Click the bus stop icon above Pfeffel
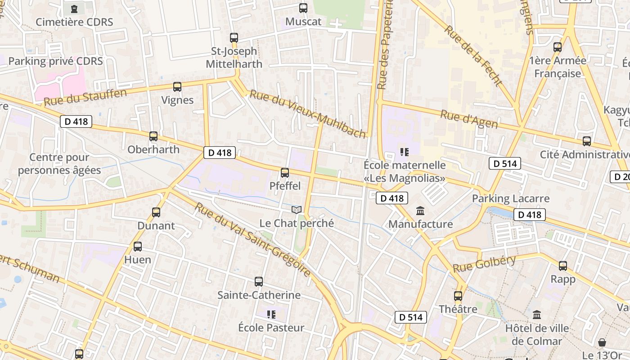pos(284,172)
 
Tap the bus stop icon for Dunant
pos(156,212)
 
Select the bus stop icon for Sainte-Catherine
pos(259,282)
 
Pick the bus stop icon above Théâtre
pos(458,296)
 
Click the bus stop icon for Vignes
pos(177,87)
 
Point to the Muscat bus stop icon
pos(303,8)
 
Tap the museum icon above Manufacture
pos(420,211)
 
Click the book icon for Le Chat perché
pos(297,210)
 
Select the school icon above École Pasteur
pos(271,314)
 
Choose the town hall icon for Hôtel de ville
pos(536,315)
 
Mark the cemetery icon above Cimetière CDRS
pos(74,9)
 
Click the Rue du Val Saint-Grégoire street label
pos(252,240)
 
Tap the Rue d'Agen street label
pos(468,119)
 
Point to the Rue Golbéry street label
pos(484,263)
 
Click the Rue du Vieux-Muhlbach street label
pos(308,114)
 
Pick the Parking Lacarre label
pos(510,198)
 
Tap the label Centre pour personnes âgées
pos(59,164)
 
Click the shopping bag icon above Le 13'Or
pos(602,342)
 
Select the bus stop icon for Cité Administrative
pos(587,141)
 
